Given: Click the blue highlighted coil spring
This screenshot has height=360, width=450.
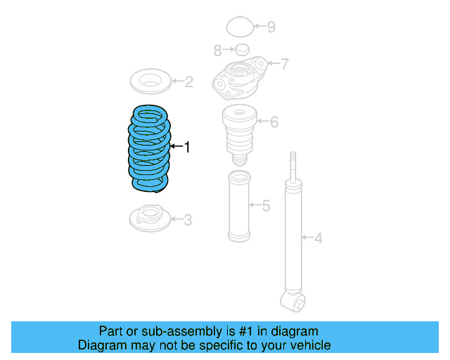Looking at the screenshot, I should click(149, 148).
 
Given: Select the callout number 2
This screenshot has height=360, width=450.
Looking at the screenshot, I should click(188, 82).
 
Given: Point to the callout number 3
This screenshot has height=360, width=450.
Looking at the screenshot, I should click(187, 220).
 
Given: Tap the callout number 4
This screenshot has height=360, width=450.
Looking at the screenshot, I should click(318, 239).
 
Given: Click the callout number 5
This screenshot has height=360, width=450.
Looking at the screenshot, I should click(266, 206).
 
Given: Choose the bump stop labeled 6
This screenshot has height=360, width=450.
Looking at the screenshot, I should click(238, 134).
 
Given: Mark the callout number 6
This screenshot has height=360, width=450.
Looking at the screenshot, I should click(274, 122).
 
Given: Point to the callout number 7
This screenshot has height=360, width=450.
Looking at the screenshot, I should click(284, 65).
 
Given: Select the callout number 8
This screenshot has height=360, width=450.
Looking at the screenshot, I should click(217, 51).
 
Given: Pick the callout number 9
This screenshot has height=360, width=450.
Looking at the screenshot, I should click(271, 27).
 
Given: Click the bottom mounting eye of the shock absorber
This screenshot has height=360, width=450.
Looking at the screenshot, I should click(292, 301).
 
